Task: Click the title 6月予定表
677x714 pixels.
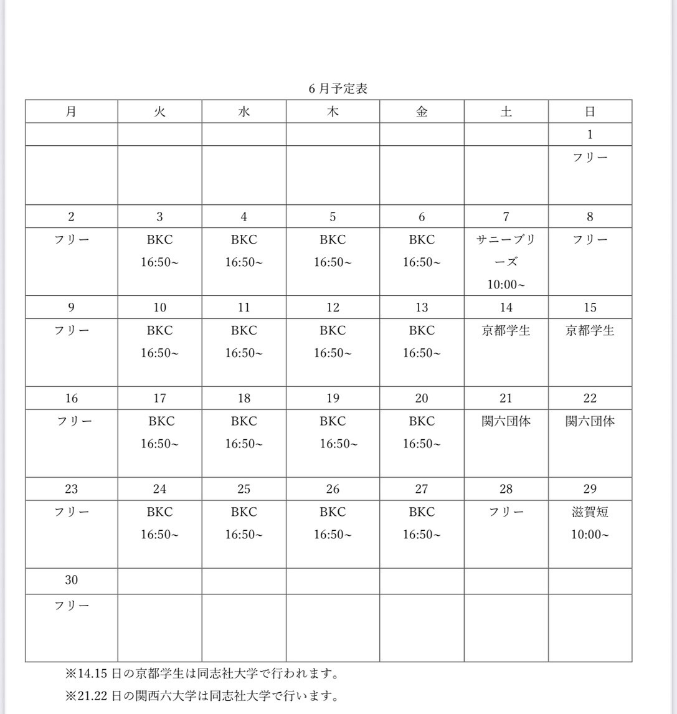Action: coord(338,88)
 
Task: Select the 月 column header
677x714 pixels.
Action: coord(71,112)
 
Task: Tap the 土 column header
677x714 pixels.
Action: coord(506,112)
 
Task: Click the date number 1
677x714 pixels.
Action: coord(590,135)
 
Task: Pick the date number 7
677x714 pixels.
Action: coord(506,217)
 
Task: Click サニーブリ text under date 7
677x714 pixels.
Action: coord(506,240)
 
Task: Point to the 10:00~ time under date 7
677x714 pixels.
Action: coord(506,285)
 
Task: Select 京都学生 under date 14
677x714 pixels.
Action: coord(506,330)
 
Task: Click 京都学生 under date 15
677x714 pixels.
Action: coord(590,330)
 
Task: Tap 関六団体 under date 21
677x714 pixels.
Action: coord(506,421)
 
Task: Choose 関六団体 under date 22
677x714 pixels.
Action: coord(590,421)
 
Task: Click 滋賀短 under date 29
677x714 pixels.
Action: coord(590,512)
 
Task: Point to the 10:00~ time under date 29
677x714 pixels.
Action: coord(590,535)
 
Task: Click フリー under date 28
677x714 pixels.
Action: coord(506,512)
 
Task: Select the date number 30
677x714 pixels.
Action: coord(71,580)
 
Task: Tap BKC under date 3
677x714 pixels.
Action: coord(159,240)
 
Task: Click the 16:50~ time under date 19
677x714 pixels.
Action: coord(338,444)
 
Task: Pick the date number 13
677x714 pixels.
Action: coord(422,307)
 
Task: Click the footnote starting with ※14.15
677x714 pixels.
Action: coord(202,674)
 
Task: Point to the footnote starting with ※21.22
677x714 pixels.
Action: coord(202,695)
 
